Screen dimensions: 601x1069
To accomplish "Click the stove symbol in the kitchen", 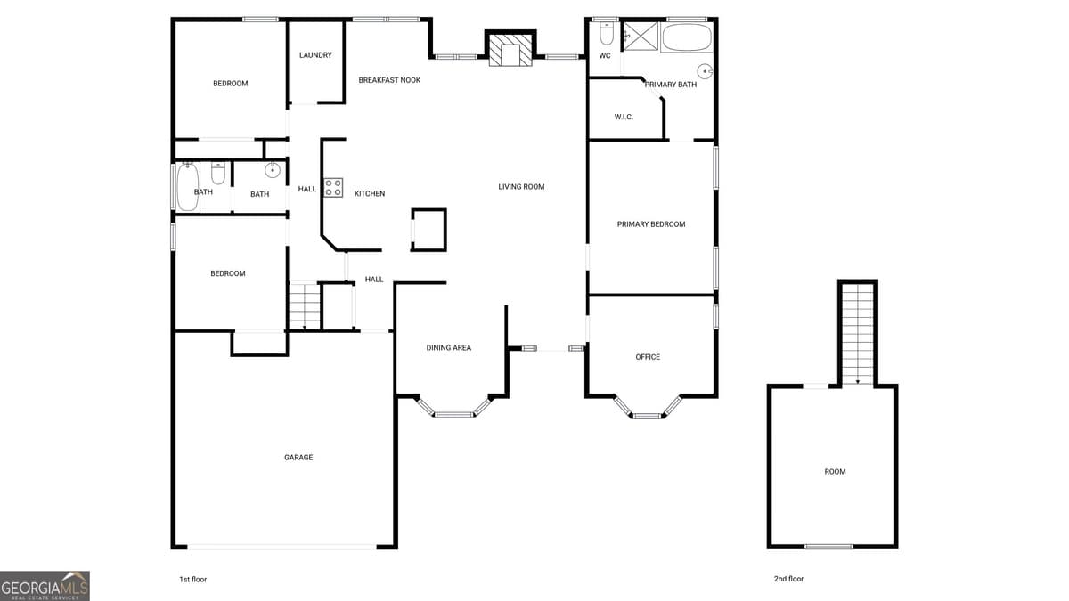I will (333, 187).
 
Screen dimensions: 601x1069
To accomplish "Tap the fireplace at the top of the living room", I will (511, 49).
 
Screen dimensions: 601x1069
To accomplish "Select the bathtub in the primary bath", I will (687, 38).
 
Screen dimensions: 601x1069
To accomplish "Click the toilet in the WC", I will (606, 34).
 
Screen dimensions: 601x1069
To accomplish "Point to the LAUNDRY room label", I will (315, 55).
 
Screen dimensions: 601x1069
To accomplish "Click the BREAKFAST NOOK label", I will (389, 80).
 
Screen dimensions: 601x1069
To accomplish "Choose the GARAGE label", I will (298, 458).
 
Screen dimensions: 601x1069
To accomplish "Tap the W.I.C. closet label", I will (624, 117).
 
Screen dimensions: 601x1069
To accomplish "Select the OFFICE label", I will (648, 357).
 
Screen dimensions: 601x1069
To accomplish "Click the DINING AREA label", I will (449, 348).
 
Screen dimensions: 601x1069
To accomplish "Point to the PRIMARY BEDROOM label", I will (651, 224).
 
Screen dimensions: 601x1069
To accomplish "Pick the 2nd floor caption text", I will (788, 579).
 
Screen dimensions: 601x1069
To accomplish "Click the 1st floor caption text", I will (193, 579).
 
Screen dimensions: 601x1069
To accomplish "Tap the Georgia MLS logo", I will (45, 586).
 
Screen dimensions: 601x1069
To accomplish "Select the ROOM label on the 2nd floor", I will (835, 472).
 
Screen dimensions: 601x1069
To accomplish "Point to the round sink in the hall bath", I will (273, 170).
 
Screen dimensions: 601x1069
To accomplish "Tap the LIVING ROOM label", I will (521, 187).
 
